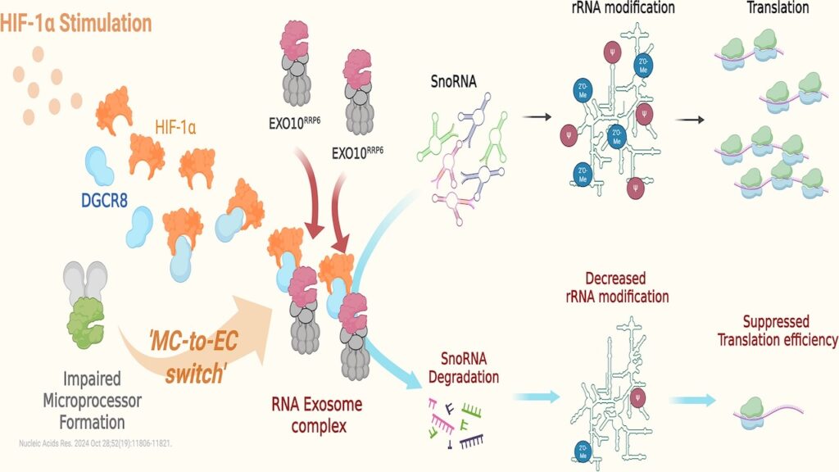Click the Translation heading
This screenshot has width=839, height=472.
(x=778, y=8)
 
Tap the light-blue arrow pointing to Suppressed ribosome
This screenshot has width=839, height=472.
(x=692, y=399)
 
